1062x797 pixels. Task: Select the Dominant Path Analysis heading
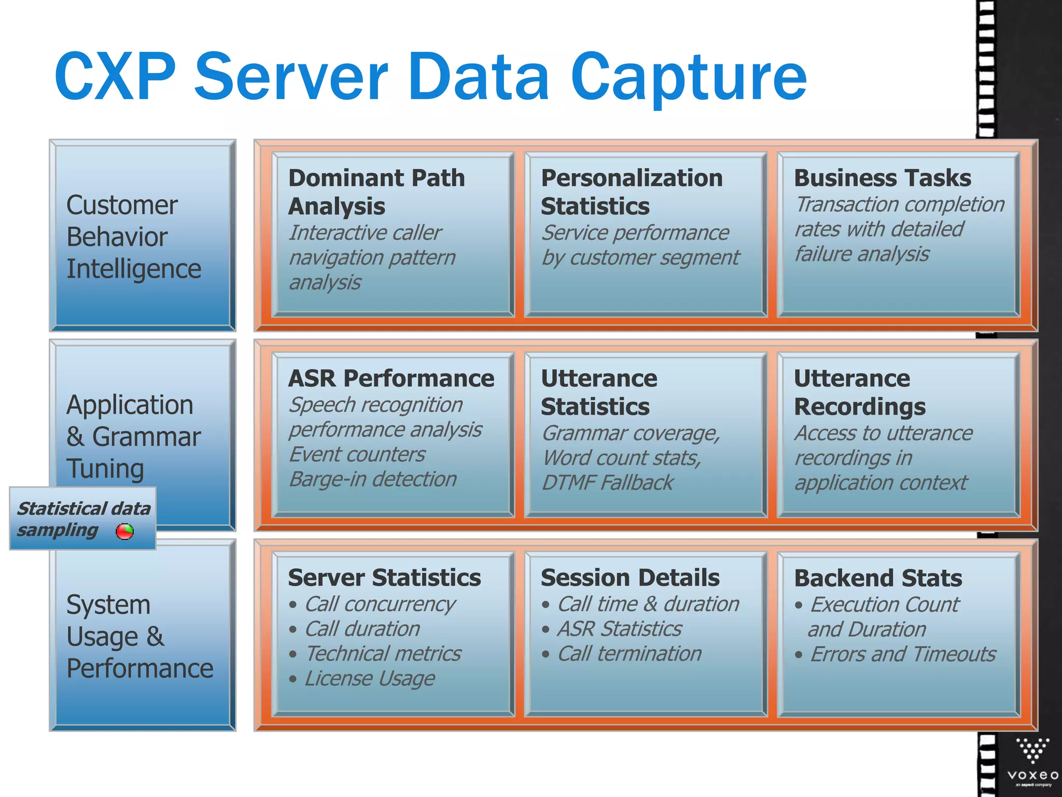376,192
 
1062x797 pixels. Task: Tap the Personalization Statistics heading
632,192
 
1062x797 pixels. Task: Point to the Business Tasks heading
883,178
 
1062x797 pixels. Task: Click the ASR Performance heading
391,378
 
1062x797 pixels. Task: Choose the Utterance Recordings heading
859,392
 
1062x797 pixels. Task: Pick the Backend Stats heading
878,578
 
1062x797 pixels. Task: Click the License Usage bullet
369,678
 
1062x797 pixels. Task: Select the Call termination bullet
629,654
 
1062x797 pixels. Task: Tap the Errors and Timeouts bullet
902,654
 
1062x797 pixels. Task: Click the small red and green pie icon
124,531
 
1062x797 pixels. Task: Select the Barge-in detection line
373,479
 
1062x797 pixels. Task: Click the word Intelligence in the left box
134,269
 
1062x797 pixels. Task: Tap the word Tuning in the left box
105,469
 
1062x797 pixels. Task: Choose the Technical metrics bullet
383,654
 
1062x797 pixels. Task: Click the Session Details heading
630,578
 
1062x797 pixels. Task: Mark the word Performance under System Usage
140,668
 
